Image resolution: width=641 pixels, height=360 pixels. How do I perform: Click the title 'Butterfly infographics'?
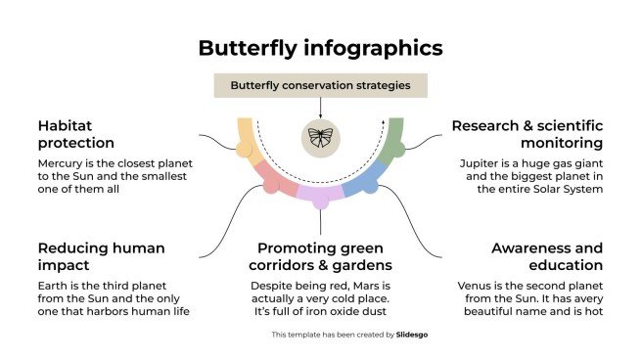coord(320,48)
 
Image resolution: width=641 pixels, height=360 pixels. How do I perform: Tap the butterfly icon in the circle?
coord(320,136)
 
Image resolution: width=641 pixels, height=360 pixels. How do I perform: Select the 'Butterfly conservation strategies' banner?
coord(320,85)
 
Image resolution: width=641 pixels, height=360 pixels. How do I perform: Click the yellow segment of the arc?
coord(246,138)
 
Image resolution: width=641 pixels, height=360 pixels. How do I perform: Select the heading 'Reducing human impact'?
coord(102,256)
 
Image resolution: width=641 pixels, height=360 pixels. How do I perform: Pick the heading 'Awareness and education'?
coord(546,256)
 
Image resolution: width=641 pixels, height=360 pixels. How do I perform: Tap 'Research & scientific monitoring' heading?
coord(527,134)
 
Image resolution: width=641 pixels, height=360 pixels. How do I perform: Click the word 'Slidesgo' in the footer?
coord(415,335)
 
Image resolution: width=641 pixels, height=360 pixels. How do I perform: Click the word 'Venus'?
coord(477,286)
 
